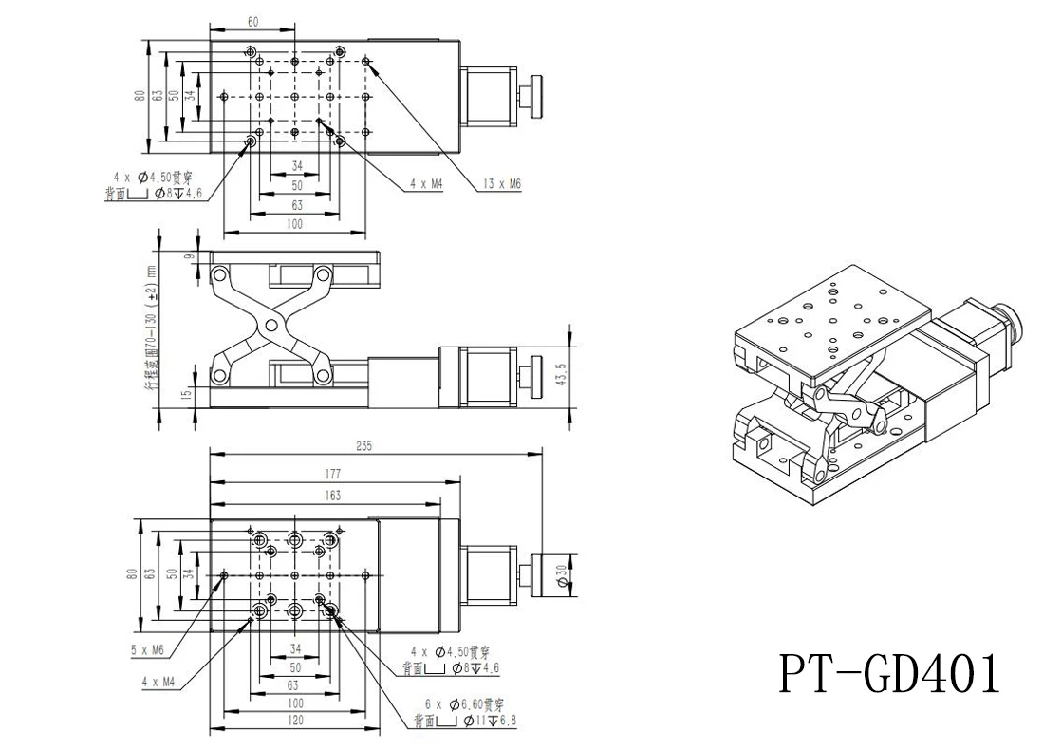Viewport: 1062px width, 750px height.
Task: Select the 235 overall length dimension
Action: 365,445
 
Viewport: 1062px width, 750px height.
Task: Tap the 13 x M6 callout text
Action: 502,186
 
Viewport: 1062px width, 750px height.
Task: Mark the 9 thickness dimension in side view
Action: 189,255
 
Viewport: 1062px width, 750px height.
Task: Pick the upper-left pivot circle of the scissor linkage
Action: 220,276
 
